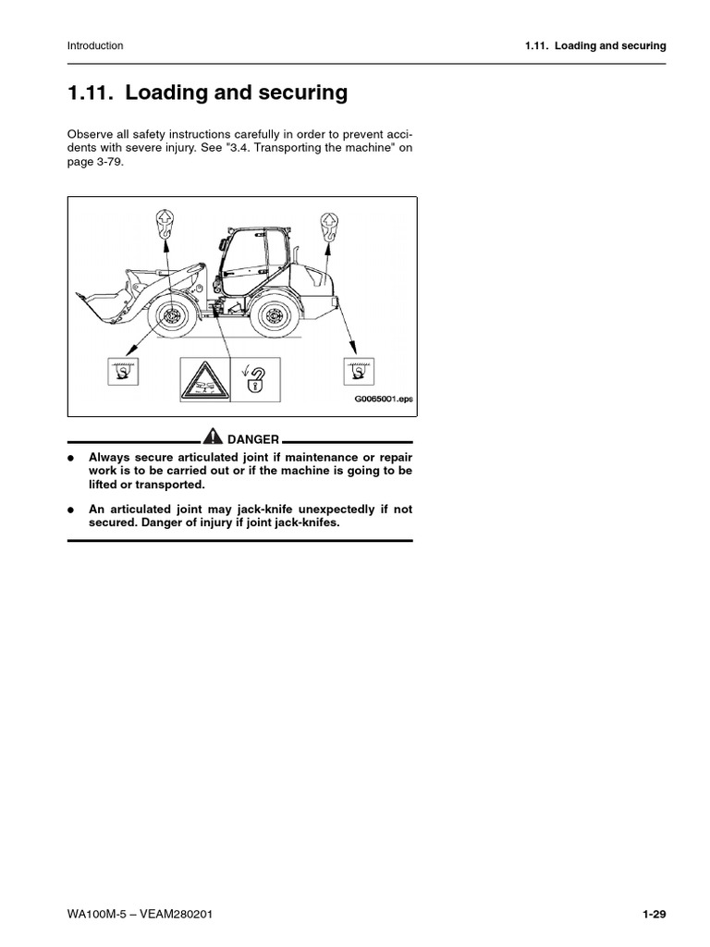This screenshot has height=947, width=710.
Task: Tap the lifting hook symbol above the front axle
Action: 163,225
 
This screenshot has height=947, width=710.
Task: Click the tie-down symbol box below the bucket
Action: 121,373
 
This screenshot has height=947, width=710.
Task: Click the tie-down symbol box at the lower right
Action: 354,372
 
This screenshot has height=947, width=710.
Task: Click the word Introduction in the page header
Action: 95,45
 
